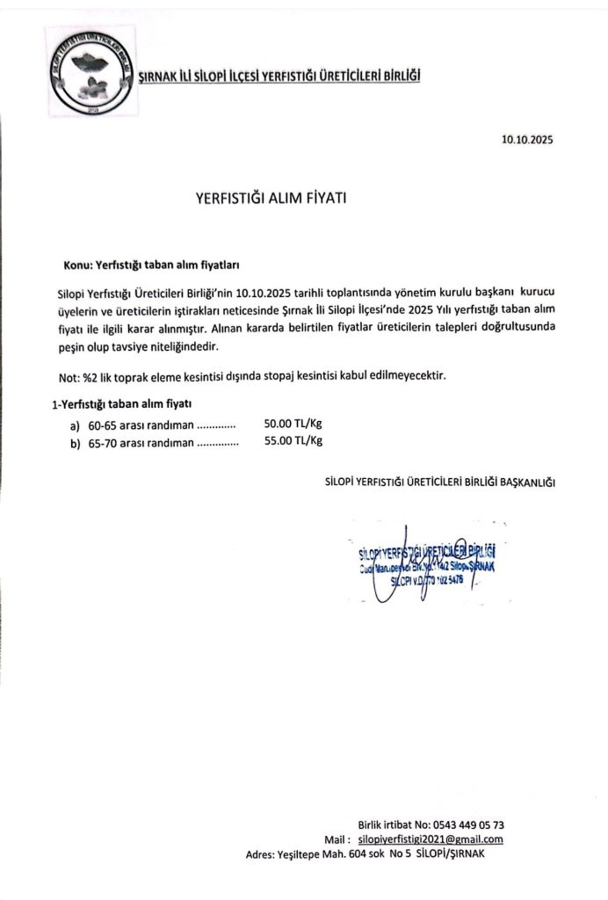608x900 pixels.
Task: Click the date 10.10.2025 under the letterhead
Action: pyautogui.click(x=528, y=139)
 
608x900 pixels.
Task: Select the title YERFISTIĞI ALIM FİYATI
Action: pyautogui.click(x=271, y=199)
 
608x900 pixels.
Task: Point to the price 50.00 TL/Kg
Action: pyautogui.click(x=293, y=423)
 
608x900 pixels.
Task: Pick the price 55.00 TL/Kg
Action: pyautogui.click(x=293, y=441)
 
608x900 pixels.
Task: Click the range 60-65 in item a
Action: pyautogui.click(x=102, y=424)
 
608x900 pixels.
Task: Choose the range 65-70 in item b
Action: pyautogui.click(x=102, y=442)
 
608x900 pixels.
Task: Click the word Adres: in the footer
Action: pyautogui.click(x=259, y=853)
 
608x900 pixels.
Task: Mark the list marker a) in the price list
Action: pyautogui.click(x=76, y=424)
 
